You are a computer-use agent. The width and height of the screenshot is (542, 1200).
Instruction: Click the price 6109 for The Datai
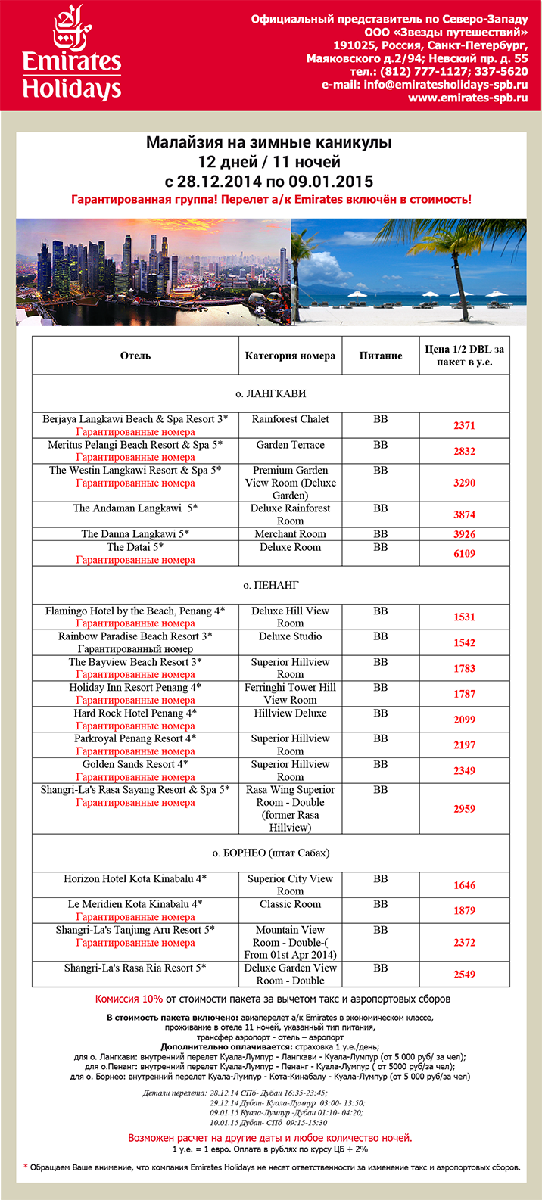[464, 554]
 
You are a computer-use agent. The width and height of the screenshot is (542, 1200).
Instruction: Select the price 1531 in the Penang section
[464, 617]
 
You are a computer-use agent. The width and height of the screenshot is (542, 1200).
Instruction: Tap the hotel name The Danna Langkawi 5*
[135, 534]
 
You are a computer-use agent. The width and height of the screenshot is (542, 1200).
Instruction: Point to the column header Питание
[381, 356]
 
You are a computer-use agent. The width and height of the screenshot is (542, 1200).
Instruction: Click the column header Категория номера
[290, 356]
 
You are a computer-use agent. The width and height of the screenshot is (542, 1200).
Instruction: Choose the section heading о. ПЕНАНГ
[271, 586]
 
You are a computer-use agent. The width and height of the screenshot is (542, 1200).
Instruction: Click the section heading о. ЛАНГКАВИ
[271, 394]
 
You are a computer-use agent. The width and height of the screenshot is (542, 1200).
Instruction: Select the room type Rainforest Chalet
[290, 419]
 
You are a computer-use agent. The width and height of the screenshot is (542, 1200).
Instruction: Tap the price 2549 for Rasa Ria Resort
[464, 975]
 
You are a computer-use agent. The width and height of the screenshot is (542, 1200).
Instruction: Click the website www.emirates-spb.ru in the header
[468, 98]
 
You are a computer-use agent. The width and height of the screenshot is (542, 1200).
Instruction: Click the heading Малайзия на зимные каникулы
[269, 143]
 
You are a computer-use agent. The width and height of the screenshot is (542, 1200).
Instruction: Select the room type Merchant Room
[290, 534]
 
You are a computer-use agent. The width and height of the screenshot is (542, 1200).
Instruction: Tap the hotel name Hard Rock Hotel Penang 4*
[135, 713]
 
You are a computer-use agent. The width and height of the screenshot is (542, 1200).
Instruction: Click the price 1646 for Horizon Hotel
[464, 885]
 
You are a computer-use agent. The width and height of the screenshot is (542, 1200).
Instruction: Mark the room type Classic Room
[290, 904]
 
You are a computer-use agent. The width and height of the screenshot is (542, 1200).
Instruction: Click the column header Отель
[135, 356]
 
